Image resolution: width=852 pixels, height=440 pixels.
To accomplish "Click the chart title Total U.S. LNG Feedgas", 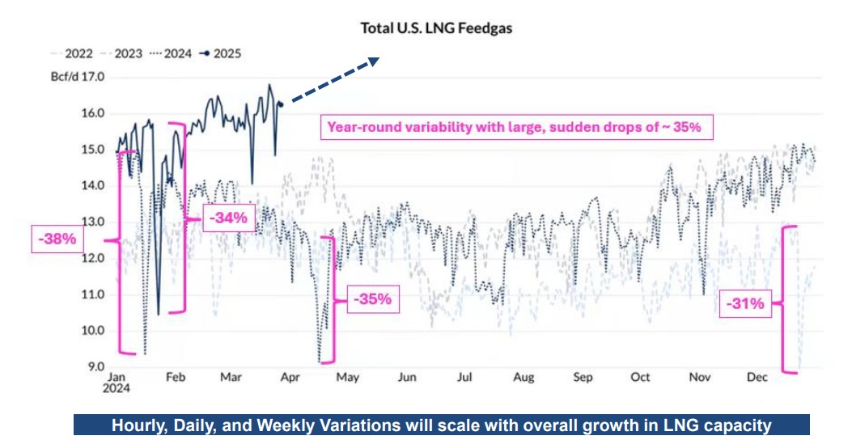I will pyautogui.click(x=437, y=28).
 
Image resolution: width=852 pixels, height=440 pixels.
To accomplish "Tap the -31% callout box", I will pyautogui.click(x=744, y=304).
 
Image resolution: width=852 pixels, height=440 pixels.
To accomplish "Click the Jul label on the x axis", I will pyautogui.click(x=464, y=378).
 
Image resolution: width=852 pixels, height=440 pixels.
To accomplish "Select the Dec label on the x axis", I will pyautogui.click(x=757, y=378).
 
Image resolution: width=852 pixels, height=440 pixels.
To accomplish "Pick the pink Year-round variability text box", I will pyautogui.click(x=512, y=128).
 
